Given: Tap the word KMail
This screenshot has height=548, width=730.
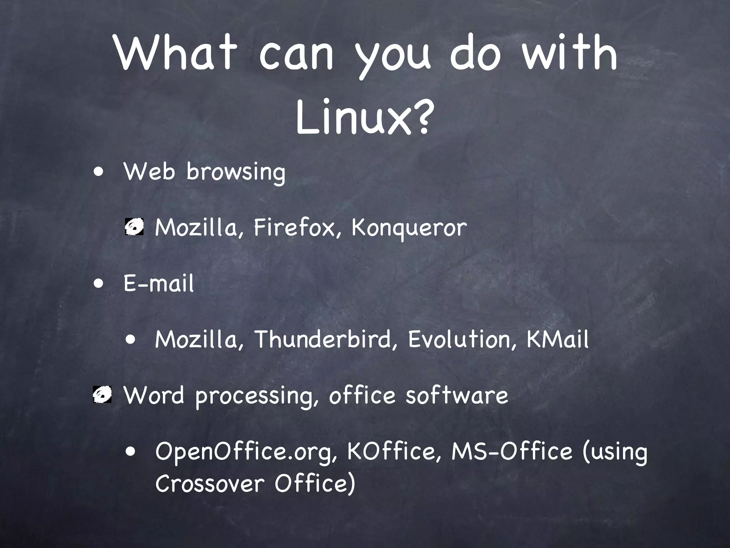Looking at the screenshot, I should (557, 339).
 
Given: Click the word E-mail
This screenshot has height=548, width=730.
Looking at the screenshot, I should (159, 283).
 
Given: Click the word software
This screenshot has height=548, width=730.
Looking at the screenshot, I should (457, 395).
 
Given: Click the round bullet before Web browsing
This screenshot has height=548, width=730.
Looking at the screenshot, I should (99, 171).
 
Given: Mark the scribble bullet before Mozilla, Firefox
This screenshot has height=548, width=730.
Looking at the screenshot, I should (134, 227).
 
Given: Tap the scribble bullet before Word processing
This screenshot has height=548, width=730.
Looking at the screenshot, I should (102, 395).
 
